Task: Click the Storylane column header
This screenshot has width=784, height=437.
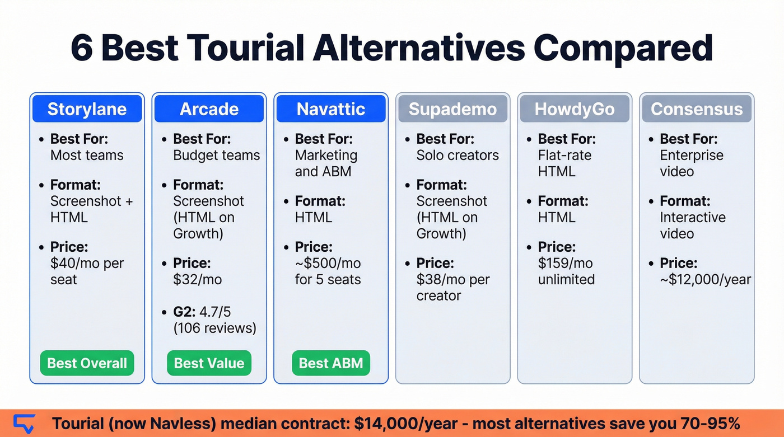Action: pos(87,109)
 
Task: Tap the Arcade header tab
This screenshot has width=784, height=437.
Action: pos(209,109)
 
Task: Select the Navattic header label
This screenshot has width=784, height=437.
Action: pos(331,109)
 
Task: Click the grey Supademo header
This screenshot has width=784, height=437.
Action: pos(452,109)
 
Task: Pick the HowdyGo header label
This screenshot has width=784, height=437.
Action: pos(575,109)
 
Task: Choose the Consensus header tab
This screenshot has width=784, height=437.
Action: pos(697,109)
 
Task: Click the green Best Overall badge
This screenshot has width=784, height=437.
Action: pos(87,363)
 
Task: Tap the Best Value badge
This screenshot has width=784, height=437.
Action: pos(209,363)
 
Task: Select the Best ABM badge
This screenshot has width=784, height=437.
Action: pos(331,363)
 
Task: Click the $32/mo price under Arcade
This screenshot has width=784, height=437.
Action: pos(197,279)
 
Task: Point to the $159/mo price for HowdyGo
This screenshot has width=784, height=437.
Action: pos(565,263)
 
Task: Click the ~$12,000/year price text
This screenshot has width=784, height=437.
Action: pos(705,279)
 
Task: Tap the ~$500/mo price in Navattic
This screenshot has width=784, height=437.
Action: pos(328,263)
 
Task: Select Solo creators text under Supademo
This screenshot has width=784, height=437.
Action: pos(457,155)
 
